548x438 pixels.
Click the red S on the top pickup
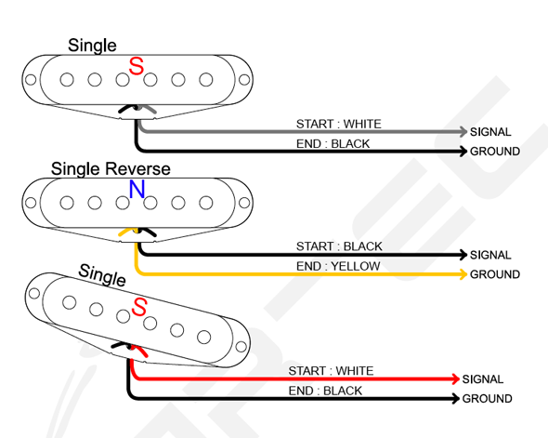tap(137, 67)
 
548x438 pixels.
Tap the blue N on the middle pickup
tap(137, 191)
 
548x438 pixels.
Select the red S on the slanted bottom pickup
tap(140, 307)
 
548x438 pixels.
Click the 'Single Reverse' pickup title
tap(111, 168)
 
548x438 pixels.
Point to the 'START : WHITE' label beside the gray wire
tap(338, 124)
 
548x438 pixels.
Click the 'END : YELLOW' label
tap(338, 266)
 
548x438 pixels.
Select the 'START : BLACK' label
tap(338, 246)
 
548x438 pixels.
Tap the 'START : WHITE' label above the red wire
tap(331, 371)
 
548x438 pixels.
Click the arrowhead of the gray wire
tap(461, 132)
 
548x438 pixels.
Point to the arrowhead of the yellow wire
tap(461, 274)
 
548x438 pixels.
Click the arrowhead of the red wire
tap(453, 379)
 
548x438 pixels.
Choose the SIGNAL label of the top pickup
tap(490, 133)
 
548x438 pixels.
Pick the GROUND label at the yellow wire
tap(494, 274)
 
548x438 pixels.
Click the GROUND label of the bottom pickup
tap(487, 399)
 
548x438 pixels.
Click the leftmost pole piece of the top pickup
tap(67, 80)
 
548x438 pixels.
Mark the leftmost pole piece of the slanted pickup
tap(67, 299)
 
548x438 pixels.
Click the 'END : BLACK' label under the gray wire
tap(333, 143)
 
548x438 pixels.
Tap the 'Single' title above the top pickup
tap(93, 46)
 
